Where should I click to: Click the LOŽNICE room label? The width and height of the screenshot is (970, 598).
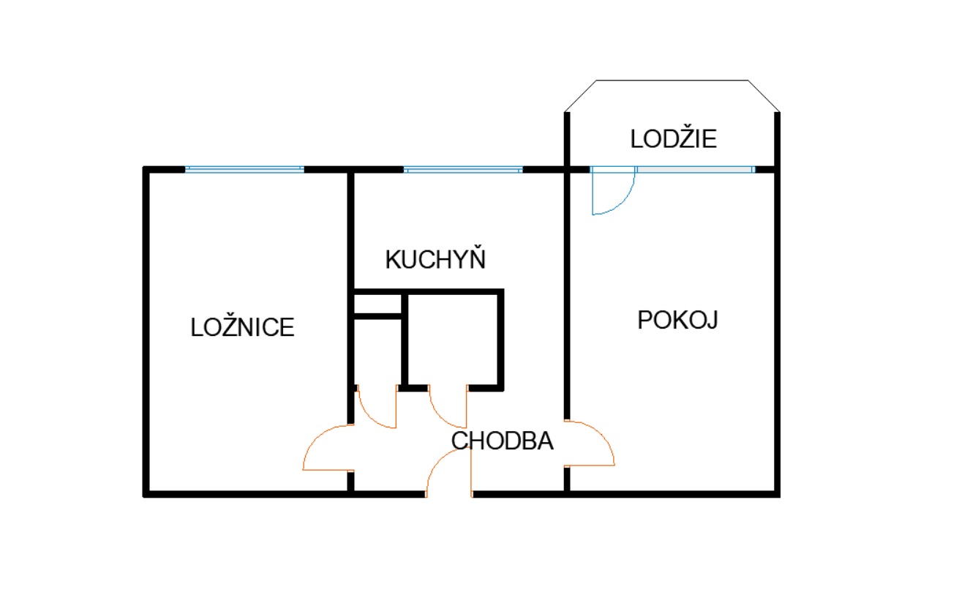242,327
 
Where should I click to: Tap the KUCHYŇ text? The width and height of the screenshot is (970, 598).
435,260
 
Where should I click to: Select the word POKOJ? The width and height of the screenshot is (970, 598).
677,321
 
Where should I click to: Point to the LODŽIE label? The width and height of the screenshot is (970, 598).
674,138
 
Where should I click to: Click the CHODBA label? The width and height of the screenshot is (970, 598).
503,441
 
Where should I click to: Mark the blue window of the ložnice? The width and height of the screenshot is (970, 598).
244,169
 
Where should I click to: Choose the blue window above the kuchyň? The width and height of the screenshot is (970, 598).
463,169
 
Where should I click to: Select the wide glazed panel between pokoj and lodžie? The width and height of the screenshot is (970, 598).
695,169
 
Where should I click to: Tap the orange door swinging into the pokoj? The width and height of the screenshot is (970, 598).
591,443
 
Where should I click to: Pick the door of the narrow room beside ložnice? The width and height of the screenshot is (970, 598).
376,407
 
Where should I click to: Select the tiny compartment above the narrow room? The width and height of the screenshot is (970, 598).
377,303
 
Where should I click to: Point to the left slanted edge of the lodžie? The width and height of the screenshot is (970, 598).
581,96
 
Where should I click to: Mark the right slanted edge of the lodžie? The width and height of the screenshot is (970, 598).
763,96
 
